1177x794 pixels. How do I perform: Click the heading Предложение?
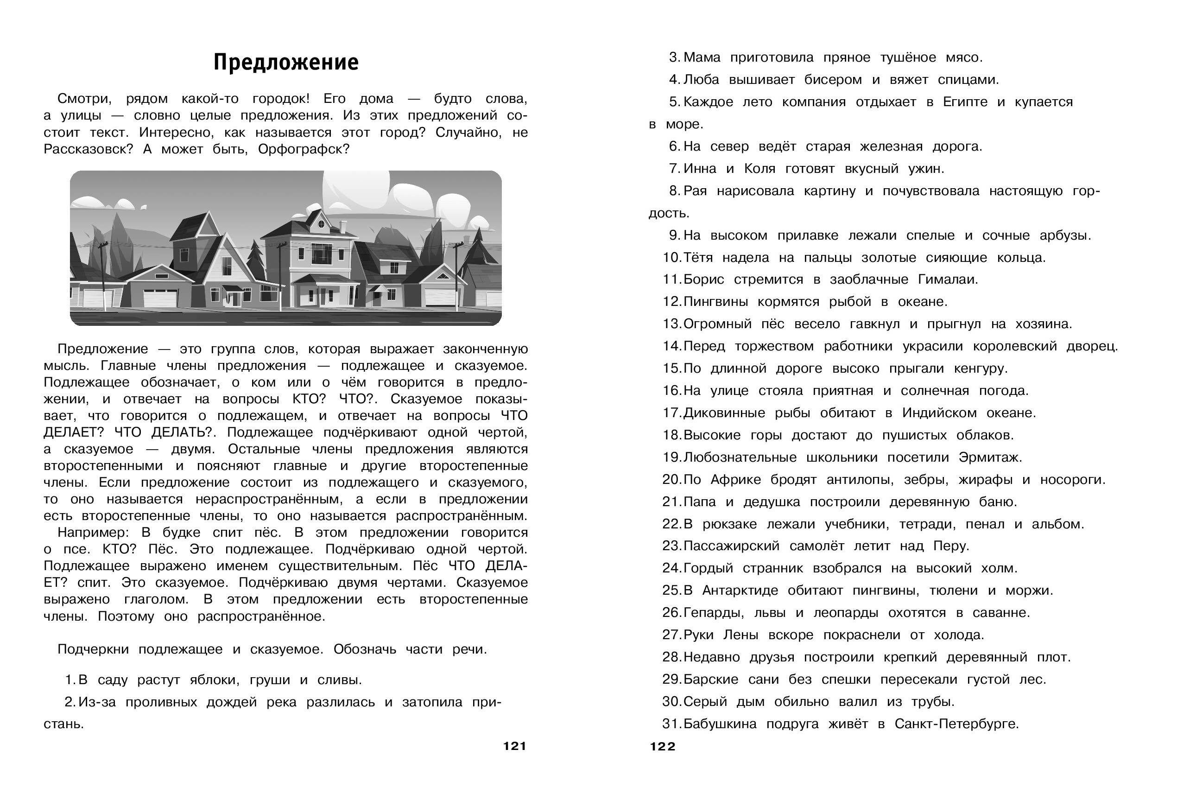tap(285, 62)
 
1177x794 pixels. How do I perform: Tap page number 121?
tap(515, 746)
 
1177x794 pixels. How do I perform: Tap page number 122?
tap(663, 746)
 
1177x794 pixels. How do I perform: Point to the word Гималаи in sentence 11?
tap(947, 279)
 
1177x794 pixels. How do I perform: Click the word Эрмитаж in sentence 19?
tap(990, 457)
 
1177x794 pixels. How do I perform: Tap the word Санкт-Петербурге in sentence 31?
tap(956, 724)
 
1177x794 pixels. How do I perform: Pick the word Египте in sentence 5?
tap(965, 102)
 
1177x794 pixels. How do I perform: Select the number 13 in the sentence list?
tap(671, 324)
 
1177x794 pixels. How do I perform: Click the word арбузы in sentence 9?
tap(1064, 235)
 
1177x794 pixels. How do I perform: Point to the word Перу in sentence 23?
tap(951, 546)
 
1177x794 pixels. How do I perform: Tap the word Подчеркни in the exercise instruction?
tap(93, 650)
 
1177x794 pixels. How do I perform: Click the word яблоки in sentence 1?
tap(215, 680)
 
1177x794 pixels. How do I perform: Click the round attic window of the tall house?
tap(321, 223)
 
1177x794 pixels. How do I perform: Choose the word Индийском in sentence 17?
tap(939, 413)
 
